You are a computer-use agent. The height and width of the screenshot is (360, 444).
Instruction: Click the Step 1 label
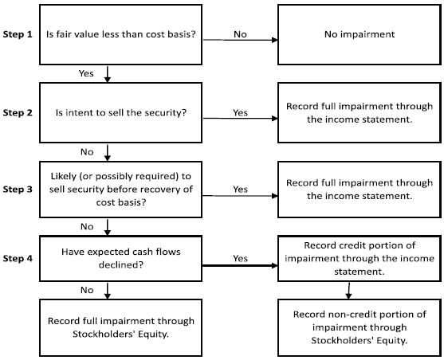coord(18,34)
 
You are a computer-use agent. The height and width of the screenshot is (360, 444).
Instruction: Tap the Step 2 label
coord(18,112)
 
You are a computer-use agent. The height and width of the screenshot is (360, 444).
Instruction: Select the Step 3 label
coord(18,189)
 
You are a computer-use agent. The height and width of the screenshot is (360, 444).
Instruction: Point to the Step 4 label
coord(18,258)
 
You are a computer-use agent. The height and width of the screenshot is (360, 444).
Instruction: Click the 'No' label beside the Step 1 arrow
coord(240,34)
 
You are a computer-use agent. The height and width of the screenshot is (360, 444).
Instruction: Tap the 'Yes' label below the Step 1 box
coord(86,73)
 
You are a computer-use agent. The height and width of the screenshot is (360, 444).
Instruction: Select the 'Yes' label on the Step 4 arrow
coord(241,258)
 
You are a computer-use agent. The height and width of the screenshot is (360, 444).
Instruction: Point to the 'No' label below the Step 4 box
coord(87,290)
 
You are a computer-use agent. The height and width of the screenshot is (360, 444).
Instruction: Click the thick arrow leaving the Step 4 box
coord(240,265)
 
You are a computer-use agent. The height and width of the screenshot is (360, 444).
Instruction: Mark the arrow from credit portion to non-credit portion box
coord(349,291)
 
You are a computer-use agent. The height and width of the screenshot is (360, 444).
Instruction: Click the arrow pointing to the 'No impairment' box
coord(241,40)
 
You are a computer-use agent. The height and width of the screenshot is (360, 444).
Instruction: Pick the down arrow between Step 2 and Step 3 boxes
coord(108,153)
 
